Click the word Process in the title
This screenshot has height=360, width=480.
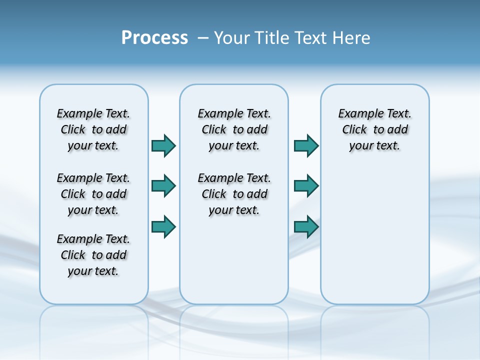click(154, 38)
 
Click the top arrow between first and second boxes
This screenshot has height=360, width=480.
click(163, 145)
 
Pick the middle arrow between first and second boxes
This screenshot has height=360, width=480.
click(163, 186)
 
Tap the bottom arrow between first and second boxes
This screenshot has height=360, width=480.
click(163, 226)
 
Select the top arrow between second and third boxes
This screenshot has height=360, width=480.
click(306, 145)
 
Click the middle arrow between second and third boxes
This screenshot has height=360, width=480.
click(306, 186)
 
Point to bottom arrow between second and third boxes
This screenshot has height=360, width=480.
click(306, 226)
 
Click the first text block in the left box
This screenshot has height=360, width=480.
click(93, 129)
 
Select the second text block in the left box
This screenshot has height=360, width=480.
click(93, 194)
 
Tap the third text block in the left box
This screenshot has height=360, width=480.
click(93, 255)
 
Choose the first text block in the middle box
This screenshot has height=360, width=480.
click(234, 129)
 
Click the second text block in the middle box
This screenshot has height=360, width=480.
click(234, 194)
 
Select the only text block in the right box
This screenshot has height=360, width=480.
click(374, 129)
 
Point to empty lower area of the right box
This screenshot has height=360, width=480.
click(374, 240)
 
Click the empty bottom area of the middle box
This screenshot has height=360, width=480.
click(234, 265)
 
